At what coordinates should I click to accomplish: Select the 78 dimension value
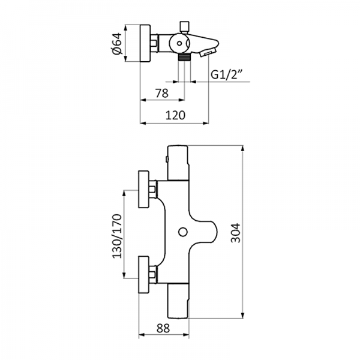tap(161, 93)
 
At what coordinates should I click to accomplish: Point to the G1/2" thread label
tap(226, 75)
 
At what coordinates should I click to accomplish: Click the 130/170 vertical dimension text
tap(116, 236)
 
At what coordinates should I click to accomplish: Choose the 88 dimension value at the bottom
tap(162, 328)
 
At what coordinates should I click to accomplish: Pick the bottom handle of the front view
tap(178, 302)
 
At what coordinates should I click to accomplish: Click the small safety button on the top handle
tap(166, 159)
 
